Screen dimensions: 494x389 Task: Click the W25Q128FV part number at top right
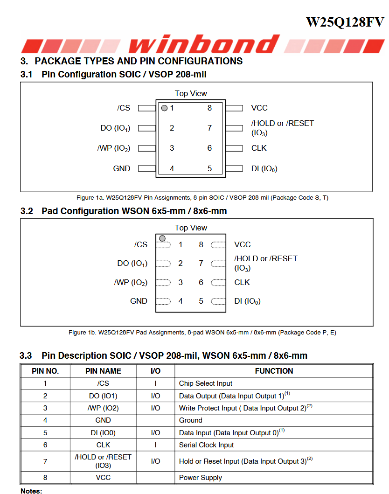[345, 22]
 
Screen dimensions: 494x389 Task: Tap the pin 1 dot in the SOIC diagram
[164, 108]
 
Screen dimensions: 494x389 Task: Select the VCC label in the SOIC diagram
[259, 108]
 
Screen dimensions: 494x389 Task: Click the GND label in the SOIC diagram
[122, 168]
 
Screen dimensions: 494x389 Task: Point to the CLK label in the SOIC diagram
[259, 148]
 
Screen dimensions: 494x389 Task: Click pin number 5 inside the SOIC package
[209, 168]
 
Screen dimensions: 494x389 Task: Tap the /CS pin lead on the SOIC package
[146, 108]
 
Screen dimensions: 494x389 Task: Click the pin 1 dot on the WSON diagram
[162, 238]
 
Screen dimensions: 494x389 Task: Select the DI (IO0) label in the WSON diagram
[247, 301]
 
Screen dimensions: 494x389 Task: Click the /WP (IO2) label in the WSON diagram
[131, 283]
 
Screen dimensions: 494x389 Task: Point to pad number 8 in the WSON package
[201, 244]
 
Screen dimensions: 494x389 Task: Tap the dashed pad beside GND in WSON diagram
[163, 301]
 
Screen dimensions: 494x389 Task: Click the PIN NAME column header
[103, 371]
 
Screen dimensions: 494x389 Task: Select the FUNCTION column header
[274, 371]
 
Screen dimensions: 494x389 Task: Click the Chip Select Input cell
[206, 383]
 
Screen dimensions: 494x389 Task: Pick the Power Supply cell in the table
[201, 478]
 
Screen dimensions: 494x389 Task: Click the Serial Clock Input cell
[207, 445]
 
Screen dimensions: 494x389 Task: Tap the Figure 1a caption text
[202, 198]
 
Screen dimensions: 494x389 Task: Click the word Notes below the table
[31, 491]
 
